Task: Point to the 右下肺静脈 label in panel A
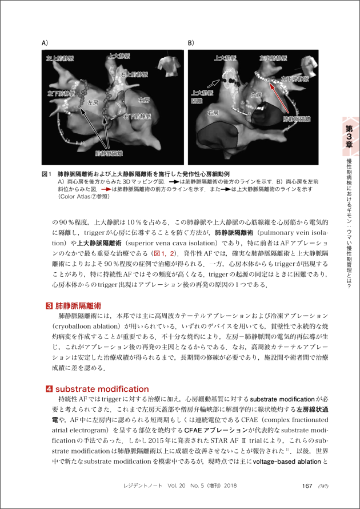pos(137,116)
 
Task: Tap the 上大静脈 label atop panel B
pos(225,58)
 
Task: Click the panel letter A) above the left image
pos(45,43)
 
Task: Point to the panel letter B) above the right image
pos(191,43)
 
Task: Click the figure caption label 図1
pos(47,173)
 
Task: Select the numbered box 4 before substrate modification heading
pos(49,389)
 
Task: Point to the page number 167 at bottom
pos(307,486)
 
